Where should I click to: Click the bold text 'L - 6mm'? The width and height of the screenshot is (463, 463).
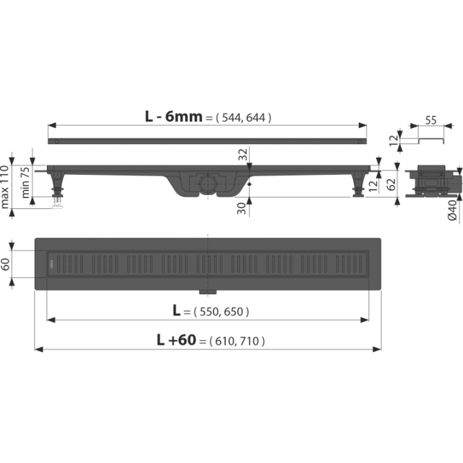(x=174, y=116)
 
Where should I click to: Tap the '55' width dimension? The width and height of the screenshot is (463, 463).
(x=431, y=120)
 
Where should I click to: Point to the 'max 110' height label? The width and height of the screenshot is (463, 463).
(x=5, y=186)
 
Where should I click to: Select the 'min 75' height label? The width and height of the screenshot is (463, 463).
(x=25, y=183)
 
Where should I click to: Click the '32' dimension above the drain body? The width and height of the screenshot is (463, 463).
(x=242, y=154)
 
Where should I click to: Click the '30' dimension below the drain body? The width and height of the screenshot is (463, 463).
(x=242, y=208)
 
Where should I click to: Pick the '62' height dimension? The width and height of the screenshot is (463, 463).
(x=391, y=185)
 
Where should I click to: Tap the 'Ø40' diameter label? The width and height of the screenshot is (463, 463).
(x=452, y=210)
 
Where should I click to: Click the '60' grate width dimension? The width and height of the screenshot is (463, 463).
(x=5, y=264)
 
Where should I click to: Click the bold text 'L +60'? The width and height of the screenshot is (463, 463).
(x=176, y=340)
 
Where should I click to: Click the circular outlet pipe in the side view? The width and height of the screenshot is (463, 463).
(x=208, y=184)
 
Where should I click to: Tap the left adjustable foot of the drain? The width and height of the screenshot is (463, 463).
(x=58, y=184)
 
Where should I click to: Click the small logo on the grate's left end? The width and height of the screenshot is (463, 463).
(x=51, y=264)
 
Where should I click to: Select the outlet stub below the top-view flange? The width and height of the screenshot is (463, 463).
(x=208, y=292)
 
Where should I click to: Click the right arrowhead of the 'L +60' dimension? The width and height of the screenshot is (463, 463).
(x=377, y=350)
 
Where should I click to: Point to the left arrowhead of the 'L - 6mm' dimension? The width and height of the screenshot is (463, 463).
(x=52, y=125)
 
